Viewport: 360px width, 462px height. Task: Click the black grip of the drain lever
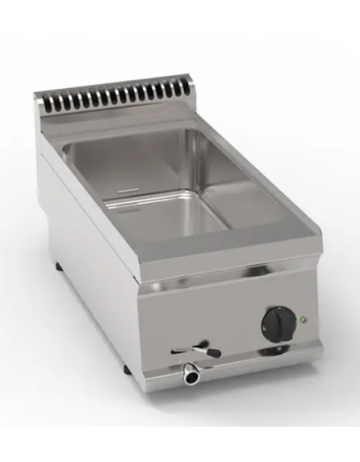point(213,351)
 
